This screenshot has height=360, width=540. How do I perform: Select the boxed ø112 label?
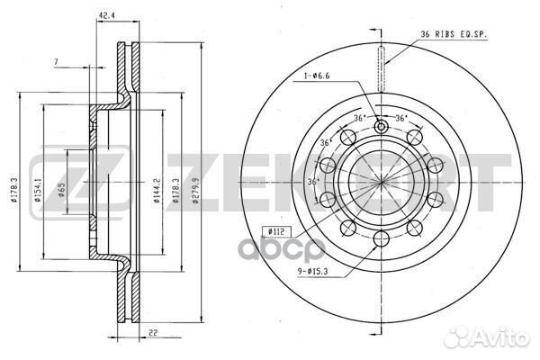click(278, 231)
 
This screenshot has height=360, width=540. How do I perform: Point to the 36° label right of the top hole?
click(402, 119)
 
